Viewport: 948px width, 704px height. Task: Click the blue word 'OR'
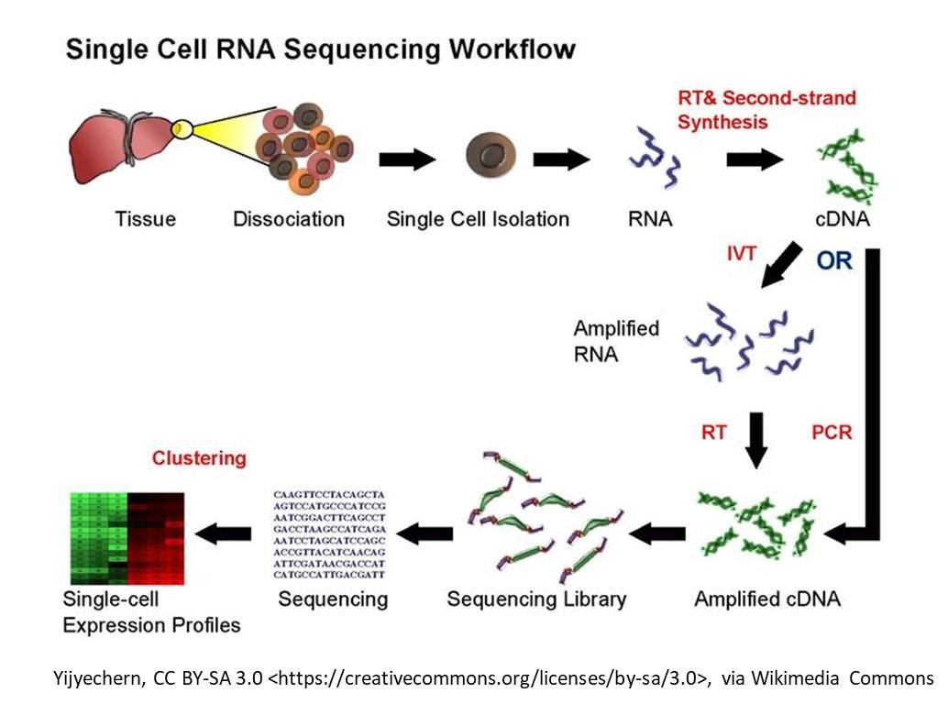coord(833,261)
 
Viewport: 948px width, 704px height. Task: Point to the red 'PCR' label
coord(832,431)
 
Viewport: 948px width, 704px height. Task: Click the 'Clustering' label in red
coord(199,457)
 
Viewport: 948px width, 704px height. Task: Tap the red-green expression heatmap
coord(127,538)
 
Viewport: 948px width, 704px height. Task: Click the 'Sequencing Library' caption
coord(536,599)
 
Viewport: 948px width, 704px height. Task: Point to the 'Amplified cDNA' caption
coord(767,599)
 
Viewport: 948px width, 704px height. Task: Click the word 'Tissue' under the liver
coord(145,219)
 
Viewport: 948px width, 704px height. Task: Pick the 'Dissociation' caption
coord(289,219)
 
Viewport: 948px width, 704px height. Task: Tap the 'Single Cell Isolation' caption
coord(478,219)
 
